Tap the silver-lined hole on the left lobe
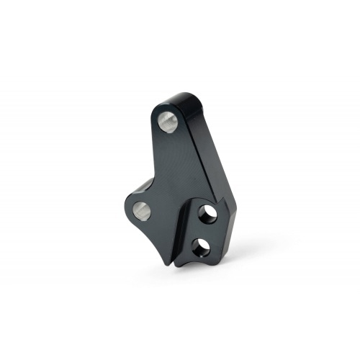coord(141,210)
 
